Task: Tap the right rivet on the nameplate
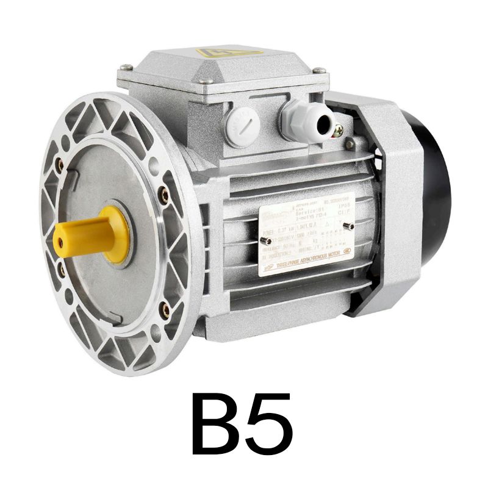[346, 226]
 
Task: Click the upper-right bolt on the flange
[164, 194]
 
